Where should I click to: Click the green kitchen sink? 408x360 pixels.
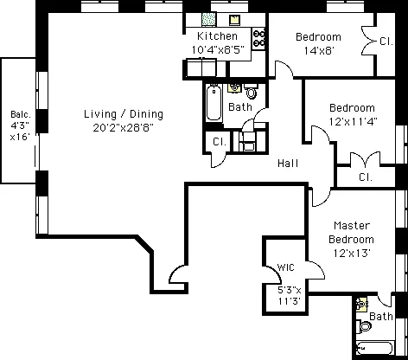click(x=208, y=20)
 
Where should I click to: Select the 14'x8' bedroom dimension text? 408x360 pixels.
click(x=317, y=51)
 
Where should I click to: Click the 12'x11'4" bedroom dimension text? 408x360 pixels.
click(x=353, y=121)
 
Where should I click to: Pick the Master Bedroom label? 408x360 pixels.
click(x=352, y=232)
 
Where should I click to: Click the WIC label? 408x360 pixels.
click(x=286, y=268)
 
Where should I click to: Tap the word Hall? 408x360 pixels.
click(x=289, y=163)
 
